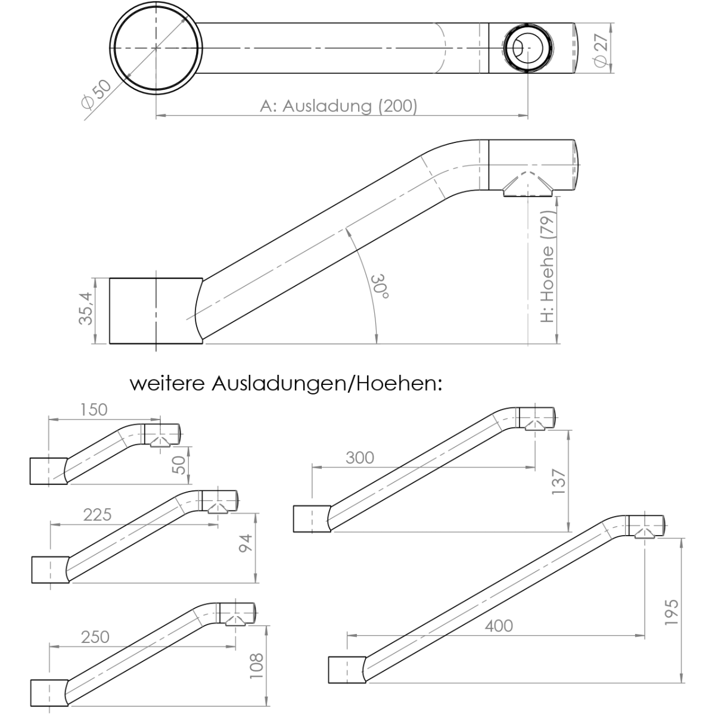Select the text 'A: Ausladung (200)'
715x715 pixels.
(339, 106)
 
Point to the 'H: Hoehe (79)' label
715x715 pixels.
(548, 268)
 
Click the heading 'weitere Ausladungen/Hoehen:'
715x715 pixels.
(287, 383)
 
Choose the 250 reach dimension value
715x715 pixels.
(95, 636)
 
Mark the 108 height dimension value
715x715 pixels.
(256, 666)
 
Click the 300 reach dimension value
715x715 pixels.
(360, 458)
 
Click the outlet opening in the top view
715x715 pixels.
(528, 48)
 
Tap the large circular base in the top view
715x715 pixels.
(156, 48)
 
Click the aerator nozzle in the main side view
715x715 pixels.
(528, 186)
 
